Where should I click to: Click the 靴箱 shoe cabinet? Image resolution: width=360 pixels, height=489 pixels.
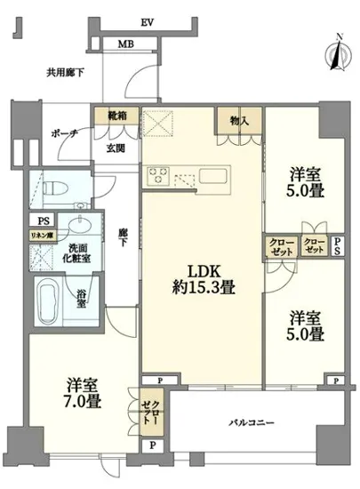pyautogui.click(x=116, y=116)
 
